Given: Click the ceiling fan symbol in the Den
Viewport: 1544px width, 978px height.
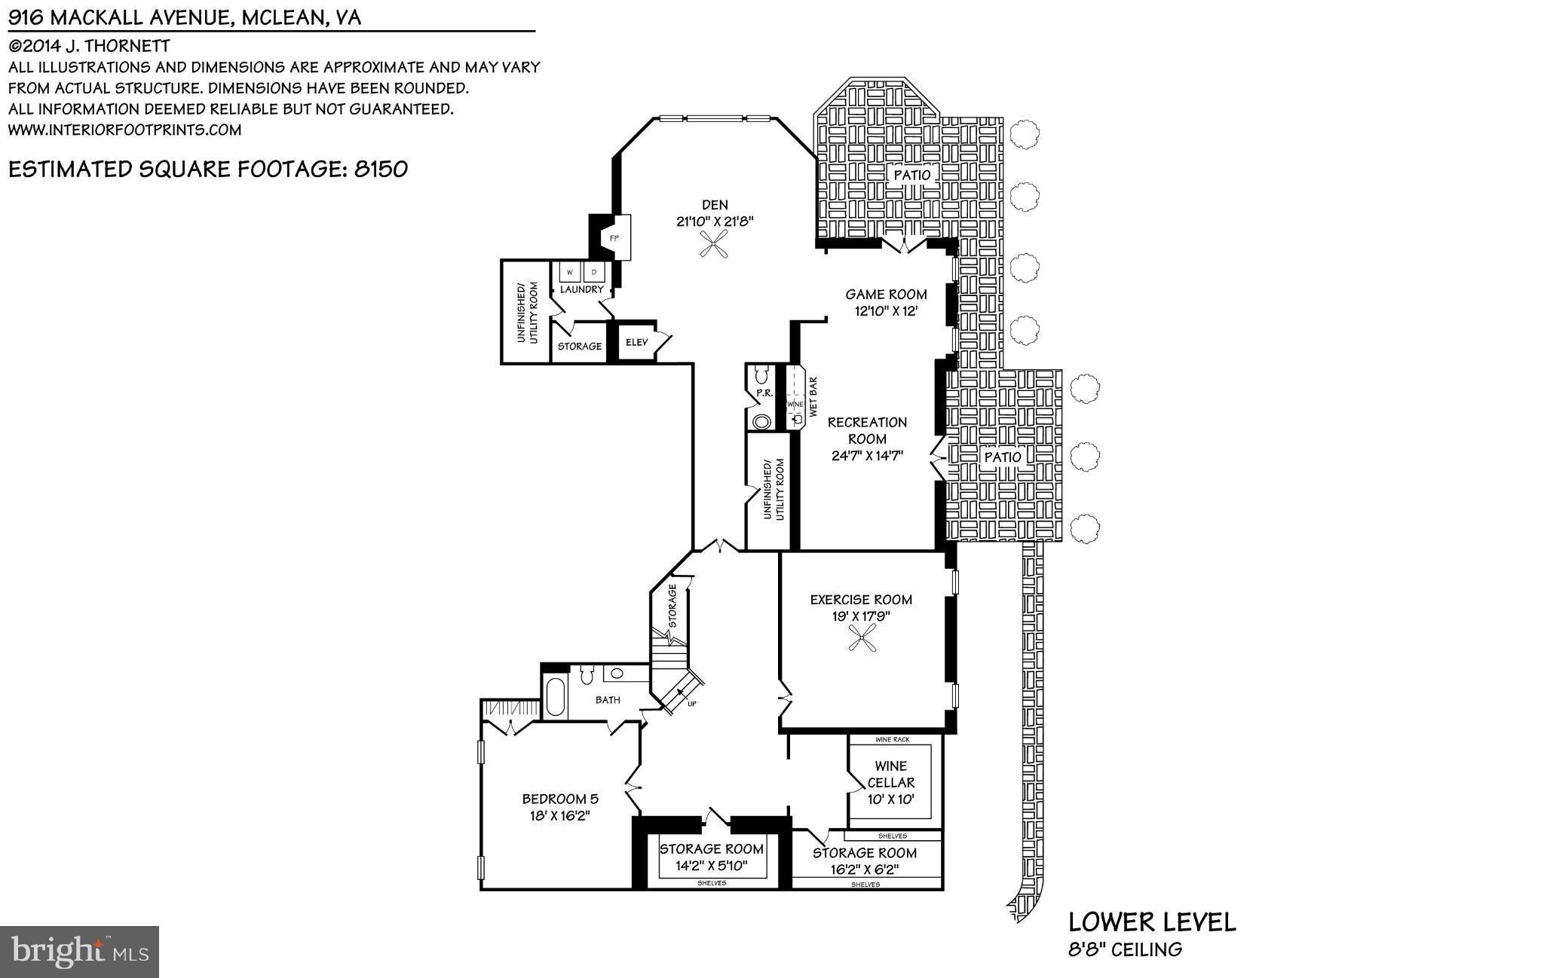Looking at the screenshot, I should [x=714, y=244].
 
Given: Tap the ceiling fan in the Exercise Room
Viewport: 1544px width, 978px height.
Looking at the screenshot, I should [x=861, y=640].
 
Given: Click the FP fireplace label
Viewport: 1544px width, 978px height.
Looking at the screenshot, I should [x=614, y=238].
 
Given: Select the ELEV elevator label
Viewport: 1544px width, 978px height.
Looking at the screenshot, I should [x=637, y=343].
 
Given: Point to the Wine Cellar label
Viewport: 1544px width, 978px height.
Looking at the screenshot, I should [x=891, y=775].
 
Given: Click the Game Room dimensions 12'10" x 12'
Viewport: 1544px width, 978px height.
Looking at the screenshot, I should [x=886, y=310].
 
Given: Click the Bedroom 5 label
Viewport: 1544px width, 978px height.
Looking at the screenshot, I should [x=560, y=799].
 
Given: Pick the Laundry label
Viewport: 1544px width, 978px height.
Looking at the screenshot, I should [x=581, y=289].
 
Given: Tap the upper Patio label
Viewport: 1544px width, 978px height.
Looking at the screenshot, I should [x=912, y=175].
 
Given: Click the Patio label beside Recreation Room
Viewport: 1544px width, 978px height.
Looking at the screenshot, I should [x=1003, y=457].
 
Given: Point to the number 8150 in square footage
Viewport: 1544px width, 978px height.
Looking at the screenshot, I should [x=381, y=169].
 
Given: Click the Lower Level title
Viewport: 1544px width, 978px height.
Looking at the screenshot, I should [x=1152, y=921].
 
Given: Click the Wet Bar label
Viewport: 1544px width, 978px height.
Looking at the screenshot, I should [x=813, y=397].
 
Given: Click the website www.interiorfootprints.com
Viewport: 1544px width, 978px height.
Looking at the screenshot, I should [x=124, y=130].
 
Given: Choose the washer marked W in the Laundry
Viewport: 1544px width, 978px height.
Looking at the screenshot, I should [x=569, y=272].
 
